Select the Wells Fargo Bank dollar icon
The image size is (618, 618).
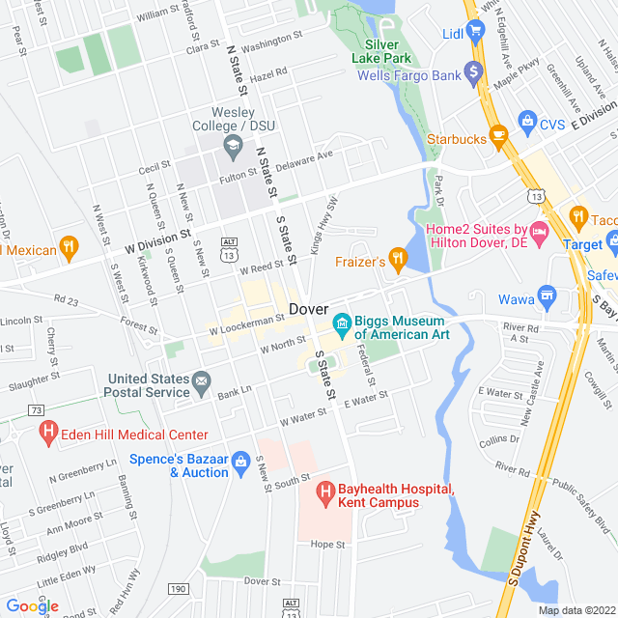click(x=473, y=71)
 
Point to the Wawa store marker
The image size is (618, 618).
click(x=548, y=295)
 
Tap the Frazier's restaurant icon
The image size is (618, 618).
click(x=397, y=259)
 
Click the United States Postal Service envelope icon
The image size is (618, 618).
click(x=201, y=382)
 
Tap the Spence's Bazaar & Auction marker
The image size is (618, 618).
click(x=240, y=465)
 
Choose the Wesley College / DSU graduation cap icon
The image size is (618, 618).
click(x=233, y=147)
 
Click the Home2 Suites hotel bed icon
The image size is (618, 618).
click(x=539, y=233)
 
